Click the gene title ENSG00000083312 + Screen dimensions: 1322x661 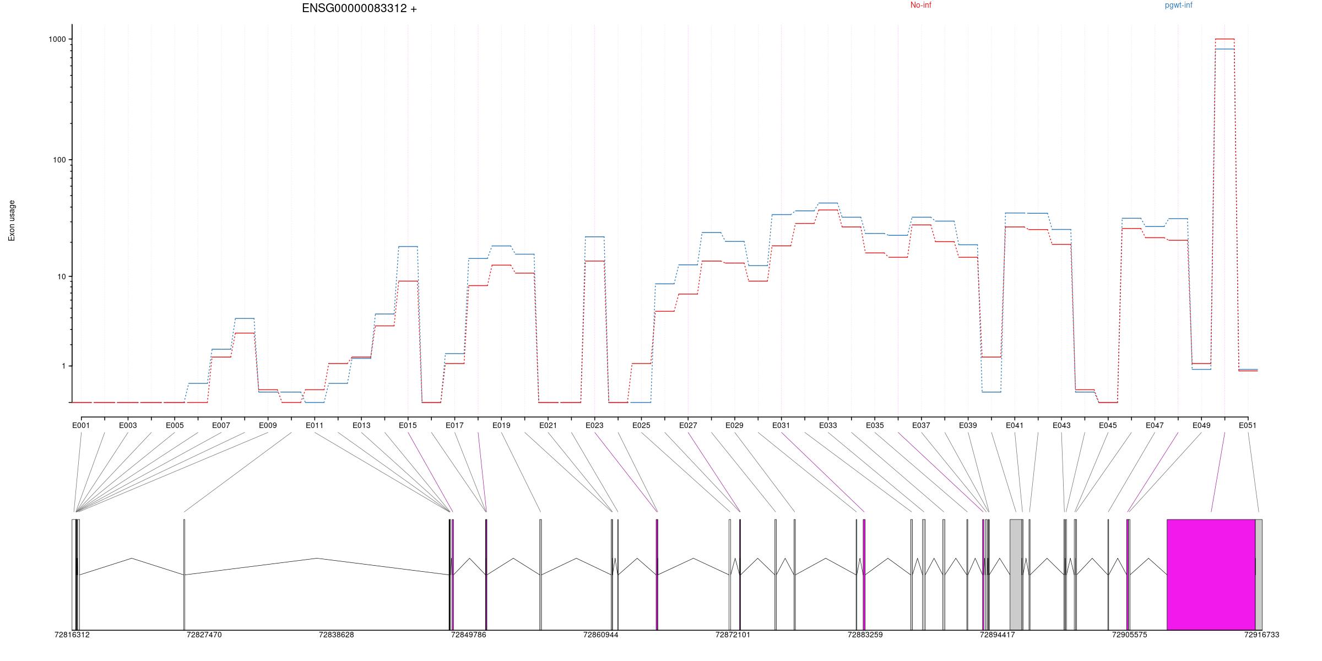click(x=359, y=8)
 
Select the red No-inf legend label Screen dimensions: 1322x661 click(x=920, y=5)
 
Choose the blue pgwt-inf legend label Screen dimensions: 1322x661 click(x=1178, y=5)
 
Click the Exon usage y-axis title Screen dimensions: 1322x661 click(x=12, y=220)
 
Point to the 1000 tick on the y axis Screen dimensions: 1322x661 click(x=57, y=39)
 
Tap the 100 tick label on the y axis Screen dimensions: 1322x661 click(x=59, y=160)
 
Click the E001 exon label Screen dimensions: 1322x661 click(x=81, y=425)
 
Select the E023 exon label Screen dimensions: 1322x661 click(x=594, y=425)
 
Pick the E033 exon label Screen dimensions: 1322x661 click(x=828, y=425)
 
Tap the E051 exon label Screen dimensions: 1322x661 click(x=1248, y=425)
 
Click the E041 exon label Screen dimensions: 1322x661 click(x=1015, y=425)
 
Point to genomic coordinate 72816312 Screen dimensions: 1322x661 click(x=72, y=635)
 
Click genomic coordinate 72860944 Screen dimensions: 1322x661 click(x=601, y=635)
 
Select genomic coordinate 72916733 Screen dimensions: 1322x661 click(x=1262, y=635)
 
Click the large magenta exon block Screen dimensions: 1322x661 click(x=1211, y=575)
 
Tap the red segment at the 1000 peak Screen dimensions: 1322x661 click(x=1225, y=39)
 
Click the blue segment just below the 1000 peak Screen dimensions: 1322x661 click(x=1225, y=49)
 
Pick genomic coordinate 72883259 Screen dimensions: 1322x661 click(x=865, y=635)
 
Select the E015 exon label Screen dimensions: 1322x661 click(x=408, y=425)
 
